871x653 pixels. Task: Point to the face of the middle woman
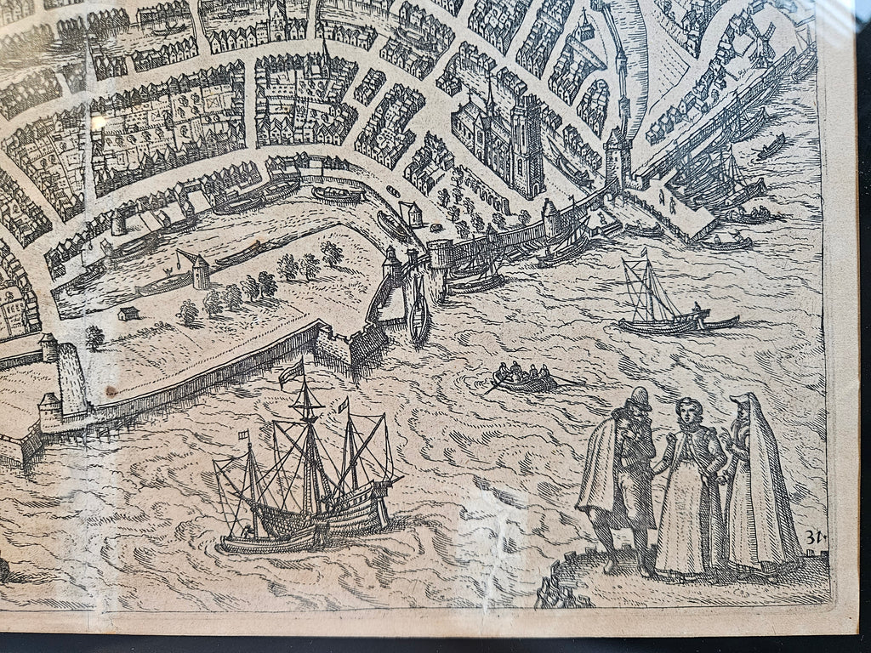pos(686,412)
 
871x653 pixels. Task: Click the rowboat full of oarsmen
pos(526,378)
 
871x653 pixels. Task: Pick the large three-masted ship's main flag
pos(292,372)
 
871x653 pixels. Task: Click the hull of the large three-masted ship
pos(306,519)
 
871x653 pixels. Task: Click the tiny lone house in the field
pos(128,314)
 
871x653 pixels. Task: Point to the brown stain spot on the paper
pos(110,391)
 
